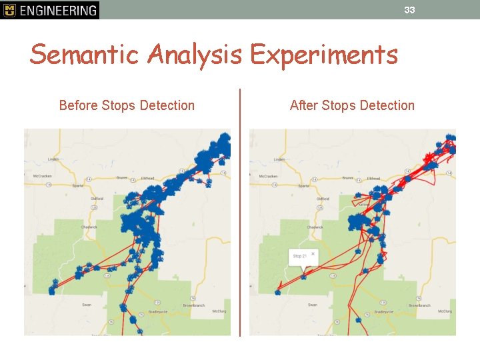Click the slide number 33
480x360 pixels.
click(409, 10)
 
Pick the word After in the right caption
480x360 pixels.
click(304, 105)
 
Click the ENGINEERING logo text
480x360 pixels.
click(57, 10)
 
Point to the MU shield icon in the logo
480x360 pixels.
click(9, 10)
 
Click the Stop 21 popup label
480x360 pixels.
click(299, 256)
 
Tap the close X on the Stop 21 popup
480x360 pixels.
click(313, 254)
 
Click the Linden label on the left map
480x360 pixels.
click(54, 159)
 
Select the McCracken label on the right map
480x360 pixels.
click(267, 176)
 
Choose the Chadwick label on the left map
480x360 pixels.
click(89, 227)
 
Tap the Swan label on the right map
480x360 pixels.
click(312, 305)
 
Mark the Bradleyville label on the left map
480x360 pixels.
click(158, 312)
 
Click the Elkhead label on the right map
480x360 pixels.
click(373, 178)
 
